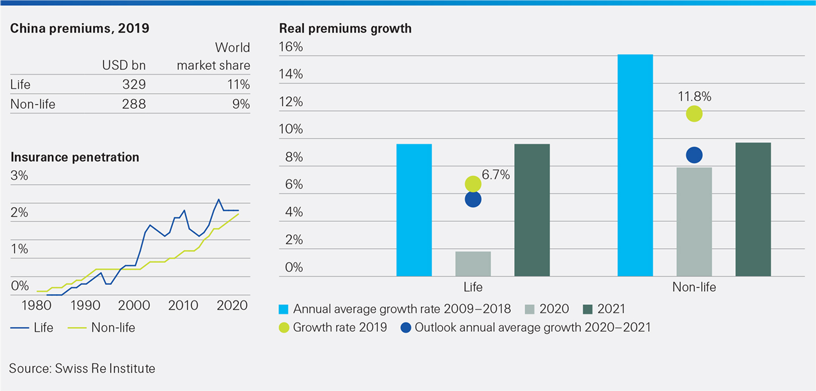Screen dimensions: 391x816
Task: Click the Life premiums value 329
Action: tap(133, 85)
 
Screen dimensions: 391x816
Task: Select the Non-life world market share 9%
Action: tap(241, 104)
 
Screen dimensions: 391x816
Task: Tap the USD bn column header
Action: tap(123, 65)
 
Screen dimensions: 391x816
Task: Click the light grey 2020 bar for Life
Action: tap(472, 264)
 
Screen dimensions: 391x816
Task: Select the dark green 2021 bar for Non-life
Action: tap(753, 209)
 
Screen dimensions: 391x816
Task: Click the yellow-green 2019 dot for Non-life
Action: tap(694, 114)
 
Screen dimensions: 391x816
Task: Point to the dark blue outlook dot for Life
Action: tap(472, 200)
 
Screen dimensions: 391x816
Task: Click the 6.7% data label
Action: tap(496, 175)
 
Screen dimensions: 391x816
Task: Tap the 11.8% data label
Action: tap(694, 97)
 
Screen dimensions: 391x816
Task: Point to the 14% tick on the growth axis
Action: tap(291, 74)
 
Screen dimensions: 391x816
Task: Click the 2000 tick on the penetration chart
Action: tap(133, 305)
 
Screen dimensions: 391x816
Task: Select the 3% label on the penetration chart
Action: tap(19, 176)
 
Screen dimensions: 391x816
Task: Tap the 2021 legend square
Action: tap(587, 309)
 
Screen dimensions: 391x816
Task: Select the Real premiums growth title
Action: tap(345, 29)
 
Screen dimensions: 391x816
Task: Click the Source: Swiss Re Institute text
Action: tap(82, 368)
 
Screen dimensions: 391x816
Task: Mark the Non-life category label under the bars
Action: tap(694, 287)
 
